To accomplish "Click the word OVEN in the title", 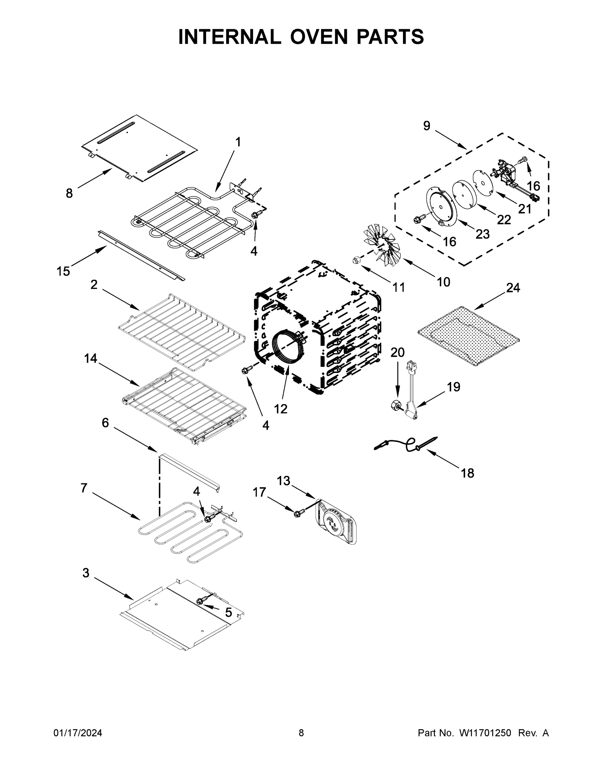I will pyautogui.click(x=318, y=37).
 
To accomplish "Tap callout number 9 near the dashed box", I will pyautogui.click(x=426, y=126).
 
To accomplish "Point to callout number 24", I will pyautogui.click(x=513, y=288).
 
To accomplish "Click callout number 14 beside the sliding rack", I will pyautogui.click(x=91, y=358).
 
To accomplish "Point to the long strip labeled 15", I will pyautogui.click(x=141, y=255).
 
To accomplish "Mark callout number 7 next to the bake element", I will pyautogui.click(x=84, y=488).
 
